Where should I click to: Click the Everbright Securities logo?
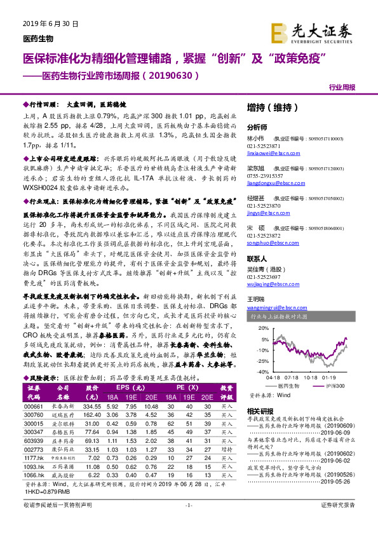(x=312, y=30)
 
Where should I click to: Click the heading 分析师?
(x=257, y=126)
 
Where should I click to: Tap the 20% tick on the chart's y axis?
(x=262, y=328)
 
